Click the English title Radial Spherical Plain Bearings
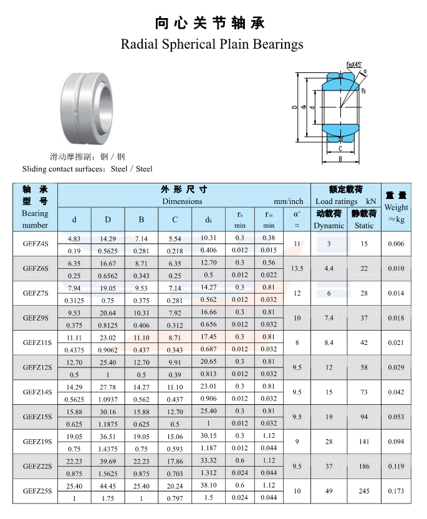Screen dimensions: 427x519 (212, 44)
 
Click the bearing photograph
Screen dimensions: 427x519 (87, 109)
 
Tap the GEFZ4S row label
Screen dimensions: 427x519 (36, 244)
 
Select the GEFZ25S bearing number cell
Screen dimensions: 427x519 (37, 491)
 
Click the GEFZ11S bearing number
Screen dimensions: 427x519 (37, 342)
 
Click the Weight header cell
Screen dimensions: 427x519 (396, 207)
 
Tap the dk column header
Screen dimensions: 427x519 (208, 220)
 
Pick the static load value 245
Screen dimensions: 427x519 (364, 491)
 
